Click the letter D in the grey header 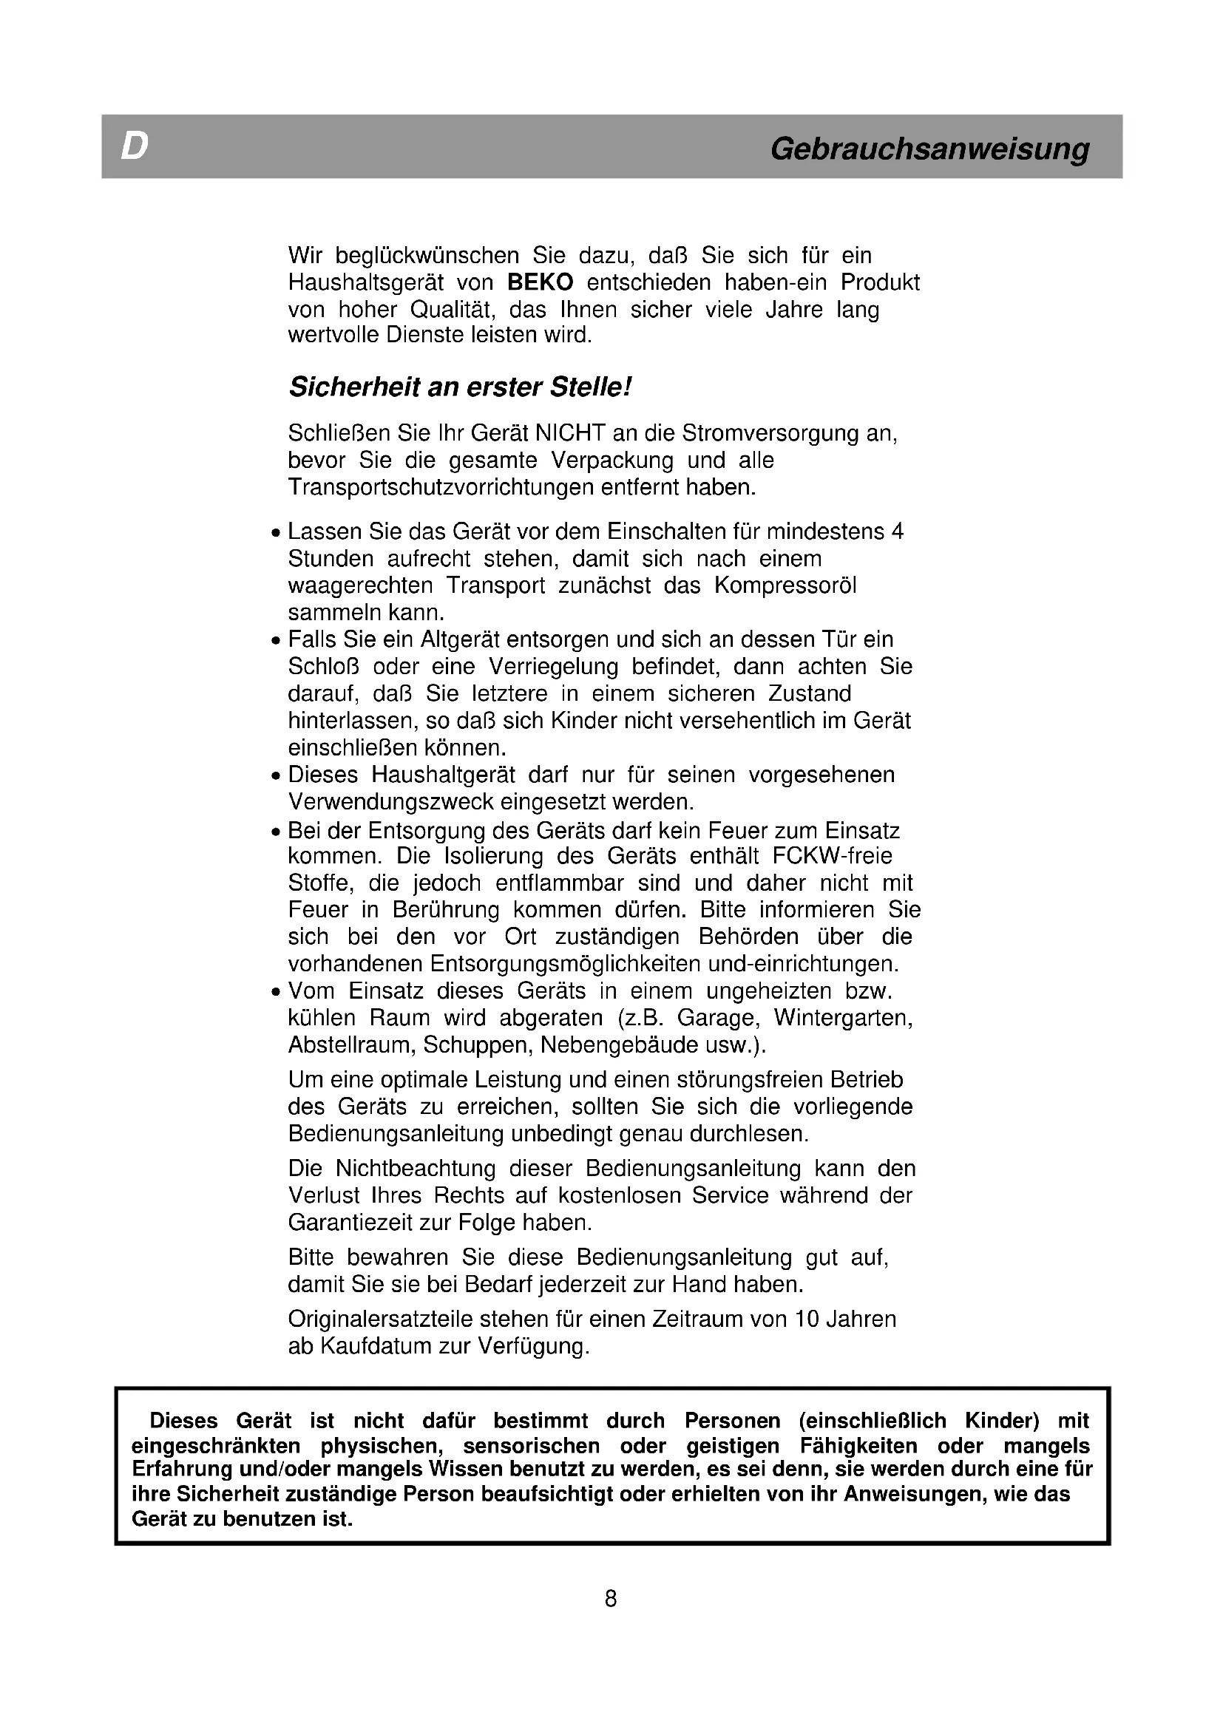(x=134, y=147)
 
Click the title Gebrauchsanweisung (x=929, y=149)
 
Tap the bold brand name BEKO (x=540, y=282)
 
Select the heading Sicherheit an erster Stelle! (x=459, y=387)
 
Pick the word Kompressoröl (x=785, y=585)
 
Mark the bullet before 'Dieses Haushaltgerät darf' (x=276, y=776)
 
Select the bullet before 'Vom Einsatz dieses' (x=276, y=993)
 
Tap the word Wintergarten (x=844, y=1018)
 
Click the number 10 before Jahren (x=807, y=1319)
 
